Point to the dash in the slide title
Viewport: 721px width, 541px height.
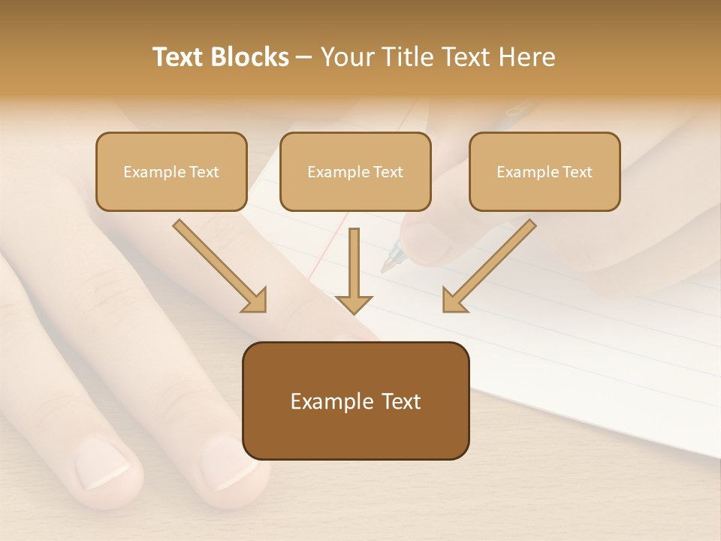(304, 58)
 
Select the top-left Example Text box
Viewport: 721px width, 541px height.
(171, 171)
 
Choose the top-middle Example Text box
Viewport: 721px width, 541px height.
(355, 171)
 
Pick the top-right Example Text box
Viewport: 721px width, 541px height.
(545, 171)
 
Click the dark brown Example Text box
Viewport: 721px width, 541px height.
(355, 400)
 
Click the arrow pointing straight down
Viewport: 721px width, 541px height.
(354, 270)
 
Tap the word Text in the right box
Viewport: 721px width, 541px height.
(577, 172)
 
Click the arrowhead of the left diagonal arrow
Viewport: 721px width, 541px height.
(255, 301)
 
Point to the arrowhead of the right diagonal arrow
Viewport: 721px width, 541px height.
(454, 301)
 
